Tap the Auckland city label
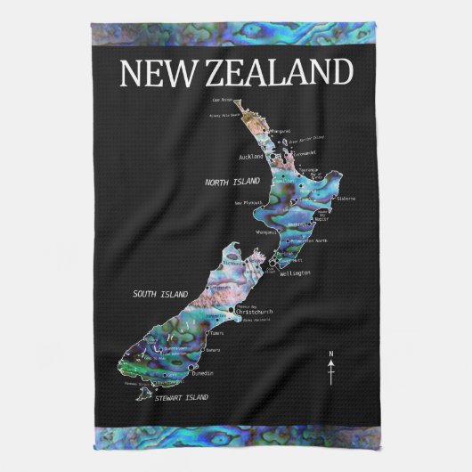252,156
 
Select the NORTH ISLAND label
232,181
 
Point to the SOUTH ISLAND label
160,293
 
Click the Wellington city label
295,273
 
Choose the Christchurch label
256,312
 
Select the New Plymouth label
250,203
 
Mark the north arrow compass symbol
331,374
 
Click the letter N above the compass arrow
331,355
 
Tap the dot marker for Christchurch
233,311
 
